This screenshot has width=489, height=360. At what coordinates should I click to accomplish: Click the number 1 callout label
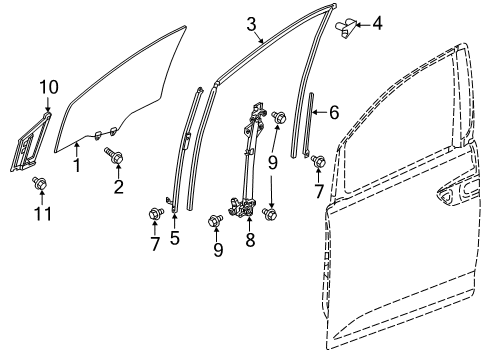pyautogui.click(x=77, y=165)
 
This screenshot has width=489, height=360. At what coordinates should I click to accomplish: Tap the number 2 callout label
pyautogui.click(x=119, y=187)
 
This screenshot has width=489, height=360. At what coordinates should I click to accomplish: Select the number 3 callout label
pyautogui.click(x=252, y=24)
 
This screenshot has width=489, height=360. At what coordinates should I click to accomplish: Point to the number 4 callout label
pyautogui.click(x=377, y=23)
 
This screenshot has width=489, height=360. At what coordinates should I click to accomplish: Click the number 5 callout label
pyautogui.click(x=175, y=238)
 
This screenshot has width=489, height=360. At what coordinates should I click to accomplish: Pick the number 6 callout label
pyautogui.click(x=334, y=112)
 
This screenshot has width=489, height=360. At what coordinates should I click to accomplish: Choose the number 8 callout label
pyautogui.click(x=250, y=239)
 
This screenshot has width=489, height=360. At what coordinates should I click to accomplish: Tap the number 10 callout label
pyautogui.click(x=49, y=87)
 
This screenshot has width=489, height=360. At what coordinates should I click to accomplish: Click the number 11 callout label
pyautogui.click(x=43, y=214)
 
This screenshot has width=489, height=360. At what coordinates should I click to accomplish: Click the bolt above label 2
pyautogui.click(x=114, y=156)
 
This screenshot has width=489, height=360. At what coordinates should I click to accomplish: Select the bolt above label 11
pyautogui.click(x=40, y=184)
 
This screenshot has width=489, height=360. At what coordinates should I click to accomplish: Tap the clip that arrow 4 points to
pyautogui.click(x=346, y=28)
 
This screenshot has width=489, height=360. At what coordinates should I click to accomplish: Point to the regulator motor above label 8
pyautogui.click(x=242, y=207)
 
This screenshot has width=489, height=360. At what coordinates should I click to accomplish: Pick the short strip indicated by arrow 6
pyautogui.click(x=308, y=125)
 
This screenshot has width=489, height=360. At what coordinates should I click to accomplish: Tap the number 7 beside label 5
pyautogui.click(x=155, y=244)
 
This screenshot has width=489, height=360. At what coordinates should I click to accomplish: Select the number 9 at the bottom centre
pyautogui.click(x=218, y=250)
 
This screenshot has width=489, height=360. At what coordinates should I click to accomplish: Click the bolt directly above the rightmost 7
pyautogui.click(x=318, y=161)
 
